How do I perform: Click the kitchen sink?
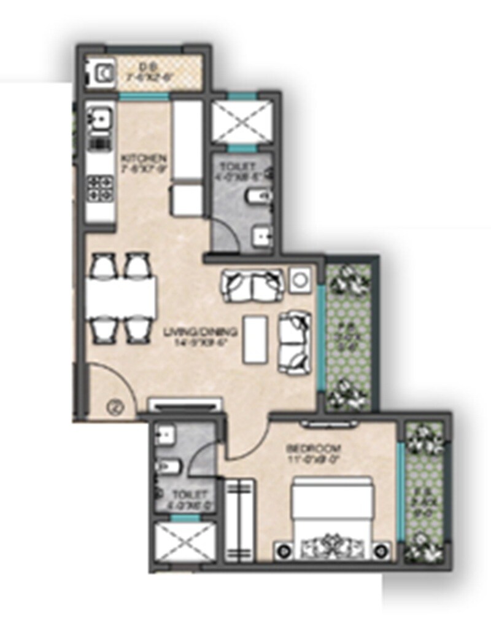[x=98, y=117]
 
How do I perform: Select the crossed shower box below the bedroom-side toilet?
[x=182, y=542]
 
